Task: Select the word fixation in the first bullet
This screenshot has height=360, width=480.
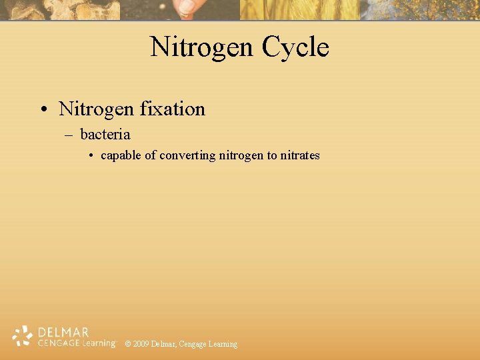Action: coord(173,109)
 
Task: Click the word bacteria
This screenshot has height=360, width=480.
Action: coord(105,135)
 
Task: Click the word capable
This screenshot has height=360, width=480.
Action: coord(121,155)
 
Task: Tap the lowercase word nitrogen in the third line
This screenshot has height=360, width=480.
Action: coord(241,155)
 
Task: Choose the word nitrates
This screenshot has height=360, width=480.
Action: coord(300,155)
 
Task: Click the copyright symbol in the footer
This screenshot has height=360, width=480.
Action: coord(128,344)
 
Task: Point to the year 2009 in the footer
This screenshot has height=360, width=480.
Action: coord(141,344)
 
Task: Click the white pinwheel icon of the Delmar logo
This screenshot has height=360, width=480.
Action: coord(23,336)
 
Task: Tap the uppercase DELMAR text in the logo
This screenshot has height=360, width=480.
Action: coord(63,332)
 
